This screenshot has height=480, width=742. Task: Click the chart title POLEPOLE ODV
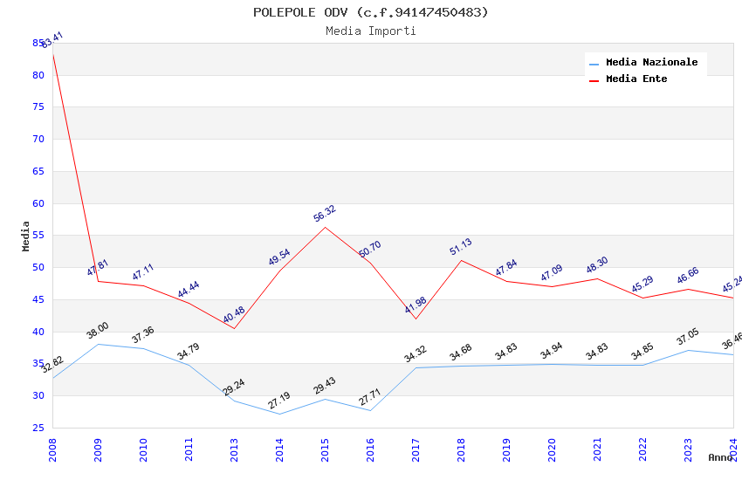click(370, 12)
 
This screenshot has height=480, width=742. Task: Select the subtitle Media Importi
click(370, 31)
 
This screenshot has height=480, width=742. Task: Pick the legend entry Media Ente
click(636, 79)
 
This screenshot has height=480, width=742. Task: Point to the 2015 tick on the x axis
click(325, 449)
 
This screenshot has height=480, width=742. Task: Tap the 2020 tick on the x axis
click(552, 449)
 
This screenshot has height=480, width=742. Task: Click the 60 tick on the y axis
click(38, 203)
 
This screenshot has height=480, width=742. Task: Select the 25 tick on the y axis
click(38, 428)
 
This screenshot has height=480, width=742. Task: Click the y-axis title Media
click(26, 236)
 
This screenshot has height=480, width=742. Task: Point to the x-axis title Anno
click(720, 457)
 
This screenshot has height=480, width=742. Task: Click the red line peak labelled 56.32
click(325, 227)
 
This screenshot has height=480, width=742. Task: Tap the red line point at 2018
click(461, 260)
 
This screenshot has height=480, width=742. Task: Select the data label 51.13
click(461, 247)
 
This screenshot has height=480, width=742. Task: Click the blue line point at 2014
click(279, 414)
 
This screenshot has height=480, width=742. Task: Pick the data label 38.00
click(98, 331)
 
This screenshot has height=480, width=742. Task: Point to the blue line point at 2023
click(688, 350)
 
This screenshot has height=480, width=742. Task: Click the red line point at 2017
click(416, 319)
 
